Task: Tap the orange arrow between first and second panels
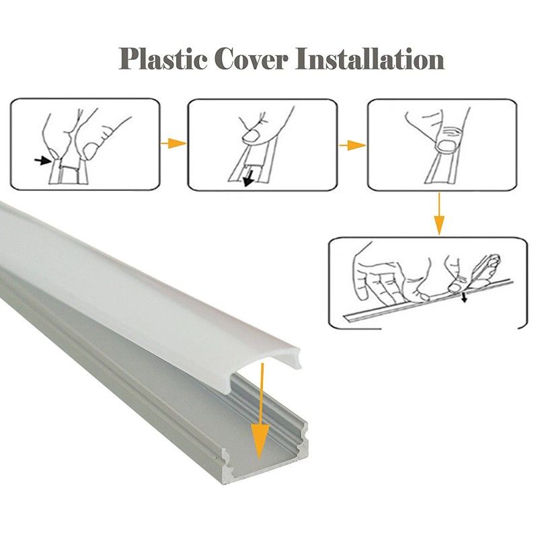(174, 143)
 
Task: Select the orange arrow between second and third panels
(352, 145)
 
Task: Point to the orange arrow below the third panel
(438, 214)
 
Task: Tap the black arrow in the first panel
(44, 160)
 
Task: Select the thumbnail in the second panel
(252, 135)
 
